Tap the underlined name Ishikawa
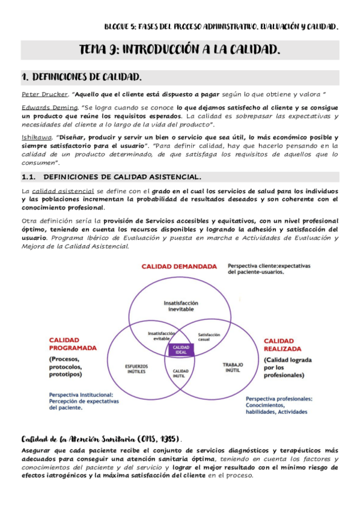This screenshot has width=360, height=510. pos(35,137)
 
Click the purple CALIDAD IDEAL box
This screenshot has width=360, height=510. pos(181,349)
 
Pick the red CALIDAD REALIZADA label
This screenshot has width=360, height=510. pos(287,345)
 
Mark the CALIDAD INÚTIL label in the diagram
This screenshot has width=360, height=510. pos(181,374)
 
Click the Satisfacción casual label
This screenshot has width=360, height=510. pos(209,337)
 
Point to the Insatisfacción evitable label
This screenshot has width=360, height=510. pos(162,336)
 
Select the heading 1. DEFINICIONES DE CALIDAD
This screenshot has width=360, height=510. pos(82,78)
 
